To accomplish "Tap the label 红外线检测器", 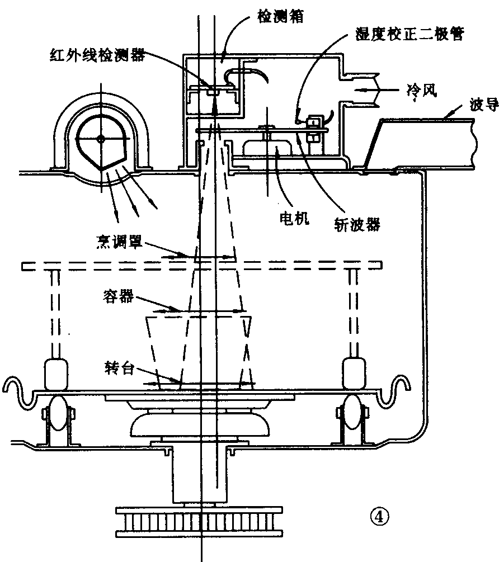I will (96, 55).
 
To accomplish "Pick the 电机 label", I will (293, 219).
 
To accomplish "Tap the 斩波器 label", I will (354, 224).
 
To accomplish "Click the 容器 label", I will (117, 297).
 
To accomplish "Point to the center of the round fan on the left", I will (100, 138).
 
